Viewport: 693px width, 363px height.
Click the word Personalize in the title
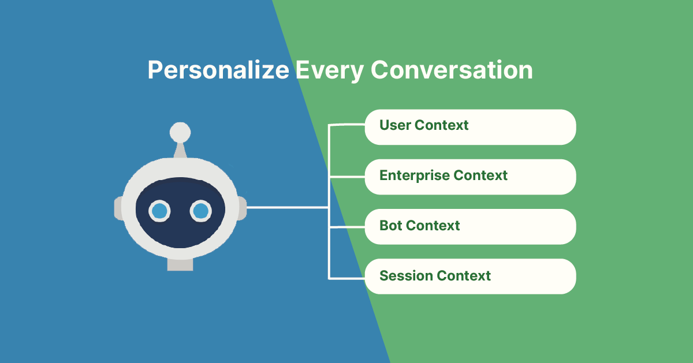(218, 70)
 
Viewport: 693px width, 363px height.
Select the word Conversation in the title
(452, 70)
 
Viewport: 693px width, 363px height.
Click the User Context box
(470, 126)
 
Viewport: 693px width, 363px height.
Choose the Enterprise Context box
(470, 177)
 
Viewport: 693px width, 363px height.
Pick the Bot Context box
(470, 226)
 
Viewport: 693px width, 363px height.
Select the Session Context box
(470, 276)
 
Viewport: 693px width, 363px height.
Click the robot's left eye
(159, 211)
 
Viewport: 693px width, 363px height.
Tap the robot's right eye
(200, 211)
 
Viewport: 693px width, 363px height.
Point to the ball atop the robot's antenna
(180, 132)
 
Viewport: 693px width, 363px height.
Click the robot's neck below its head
(180, 264)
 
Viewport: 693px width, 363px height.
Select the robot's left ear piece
(118, 208)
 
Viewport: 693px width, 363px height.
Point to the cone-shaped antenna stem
(180, 150)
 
